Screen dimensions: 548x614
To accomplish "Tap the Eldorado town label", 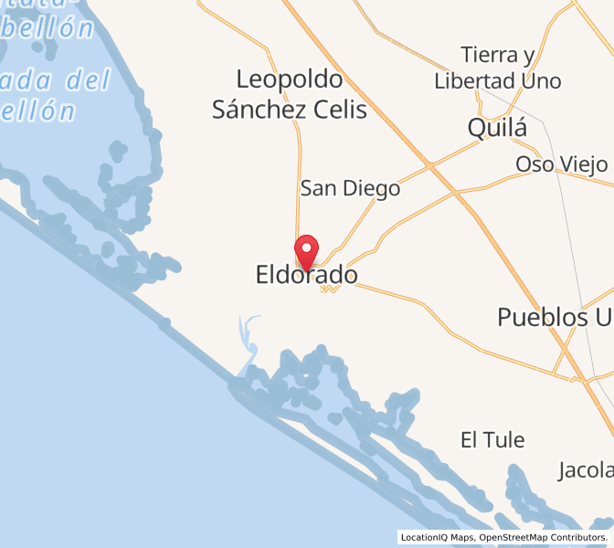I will pyautogui.click(x=307, y=275).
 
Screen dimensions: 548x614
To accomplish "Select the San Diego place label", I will pyautogui.click(x=351, y=189).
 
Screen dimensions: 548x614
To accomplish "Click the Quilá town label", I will pyautogui.click(x=497, y=128).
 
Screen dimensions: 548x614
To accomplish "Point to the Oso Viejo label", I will pyautogui.click(x=561, y=164).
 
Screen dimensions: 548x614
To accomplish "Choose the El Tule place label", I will pyautogui.click(x=492, y=440).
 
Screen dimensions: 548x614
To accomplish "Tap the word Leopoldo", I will pyautogui.click(x=290, y=79).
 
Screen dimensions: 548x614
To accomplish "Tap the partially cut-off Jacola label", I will pyautogui.click(x=586, y=471).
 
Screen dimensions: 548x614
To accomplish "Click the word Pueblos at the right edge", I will pyautogui.click(x=542, y=317).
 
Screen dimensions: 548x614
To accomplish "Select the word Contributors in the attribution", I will pyautogui.click(x=580, y=538).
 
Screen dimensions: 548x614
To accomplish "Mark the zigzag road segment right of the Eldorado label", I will pyautogui.click(x=330, y=289).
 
